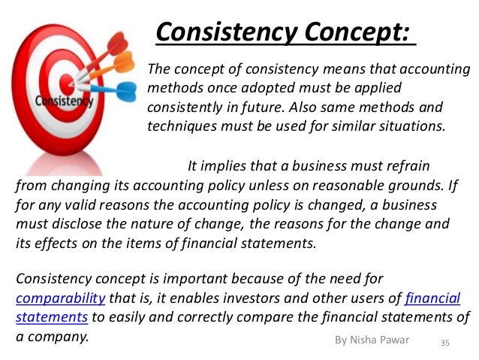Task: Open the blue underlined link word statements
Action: click(52, 316)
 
